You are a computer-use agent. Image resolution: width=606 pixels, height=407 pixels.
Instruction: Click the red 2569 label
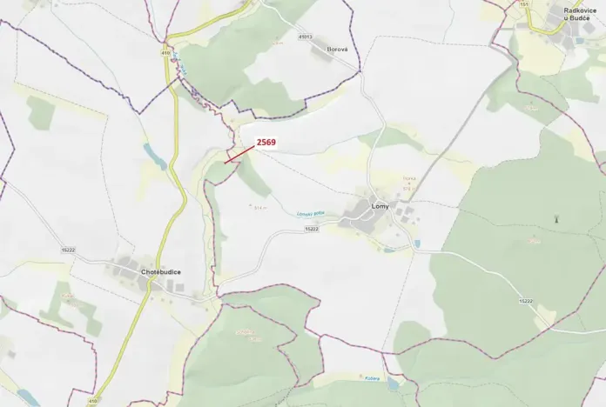(x=266, y=142)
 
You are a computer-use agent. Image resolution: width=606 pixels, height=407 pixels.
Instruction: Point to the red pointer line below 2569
(x=239, y=154)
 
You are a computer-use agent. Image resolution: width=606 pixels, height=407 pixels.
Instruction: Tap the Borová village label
(x=337, y=50)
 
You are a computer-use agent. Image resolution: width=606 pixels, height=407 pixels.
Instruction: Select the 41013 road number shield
(x=304, y=37)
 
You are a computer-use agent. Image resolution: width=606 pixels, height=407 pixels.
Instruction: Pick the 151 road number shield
(x=524, y=4)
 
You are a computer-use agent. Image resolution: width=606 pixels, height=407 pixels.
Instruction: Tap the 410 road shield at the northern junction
(x=165, y=52)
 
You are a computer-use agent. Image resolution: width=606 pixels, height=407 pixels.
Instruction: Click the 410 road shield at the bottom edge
(x=94, y=400)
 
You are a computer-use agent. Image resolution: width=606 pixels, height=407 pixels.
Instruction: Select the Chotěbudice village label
(x=160, y=272)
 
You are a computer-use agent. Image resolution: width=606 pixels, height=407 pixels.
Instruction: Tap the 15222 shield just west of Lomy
(x=312, y=228)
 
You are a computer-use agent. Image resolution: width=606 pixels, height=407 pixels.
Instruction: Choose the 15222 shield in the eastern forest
(x=525, y=301)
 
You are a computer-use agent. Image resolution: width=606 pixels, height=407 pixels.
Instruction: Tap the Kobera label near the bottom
(x=372, y=377)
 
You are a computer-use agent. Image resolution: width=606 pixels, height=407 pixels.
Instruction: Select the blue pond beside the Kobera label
(x=393, y=383)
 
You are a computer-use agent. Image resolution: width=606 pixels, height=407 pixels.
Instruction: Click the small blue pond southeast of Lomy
(x=417, y=244)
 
